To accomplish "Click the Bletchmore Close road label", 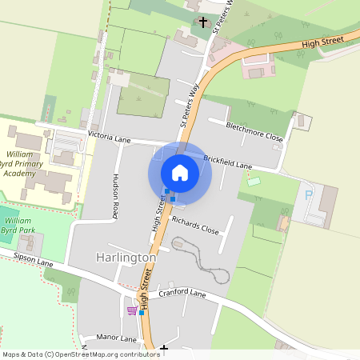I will pos(255,131).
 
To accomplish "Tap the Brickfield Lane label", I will pos(228,162).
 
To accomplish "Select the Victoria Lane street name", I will pos(109,138).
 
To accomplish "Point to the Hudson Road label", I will pos(116,197).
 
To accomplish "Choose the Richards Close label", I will pos(195,223).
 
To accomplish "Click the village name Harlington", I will pos(126,258).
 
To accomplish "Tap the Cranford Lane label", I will pos(182,294).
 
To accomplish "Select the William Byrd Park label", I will pos(18,224).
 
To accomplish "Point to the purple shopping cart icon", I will pos(131,310).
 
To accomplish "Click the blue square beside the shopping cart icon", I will pos(142,313).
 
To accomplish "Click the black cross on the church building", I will pos(203,22).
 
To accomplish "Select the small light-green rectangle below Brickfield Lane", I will pos(254,182).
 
